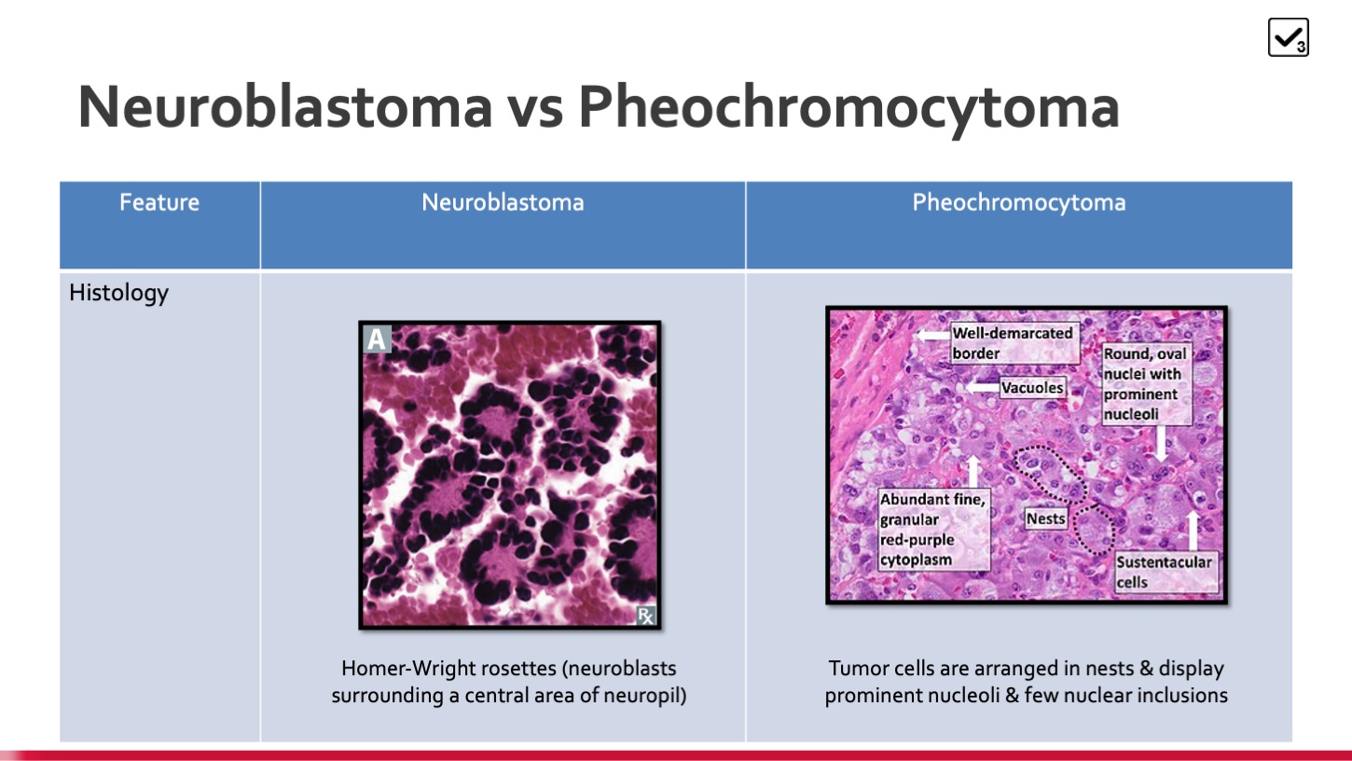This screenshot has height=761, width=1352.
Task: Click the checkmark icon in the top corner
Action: tap(1288, 37)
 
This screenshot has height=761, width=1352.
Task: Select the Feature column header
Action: tap(159, 202)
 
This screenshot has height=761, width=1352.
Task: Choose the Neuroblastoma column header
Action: tap(503, 202)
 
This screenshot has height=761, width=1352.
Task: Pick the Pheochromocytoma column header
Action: tap(1019, 202)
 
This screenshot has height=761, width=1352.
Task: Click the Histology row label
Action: tap(119, 293)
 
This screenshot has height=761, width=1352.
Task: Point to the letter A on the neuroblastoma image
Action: tap(377, 339)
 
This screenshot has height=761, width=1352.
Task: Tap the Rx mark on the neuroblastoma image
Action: tap(645, 616)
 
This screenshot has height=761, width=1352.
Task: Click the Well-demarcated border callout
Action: tap(1014, 343)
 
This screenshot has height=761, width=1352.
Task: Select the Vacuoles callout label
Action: tap(1032, 387)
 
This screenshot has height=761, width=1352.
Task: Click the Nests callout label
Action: tap(1045, 519)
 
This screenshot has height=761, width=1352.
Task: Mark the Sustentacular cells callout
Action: tap(1166, 572)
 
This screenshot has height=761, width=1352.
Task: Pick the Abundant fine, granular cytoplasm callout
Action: tap(933, 530)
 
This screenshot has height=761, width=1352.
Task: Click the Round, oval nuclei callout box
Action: tap(1146, 384)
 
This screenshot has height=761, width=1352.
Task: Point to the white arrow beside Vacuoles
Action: tap(982, 387)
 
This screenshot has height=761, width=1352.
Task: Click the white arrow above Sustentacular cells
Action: tap(1193, 531)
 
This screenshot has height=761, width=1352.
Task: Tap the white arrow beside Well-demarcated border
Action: tap(933, 334)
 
